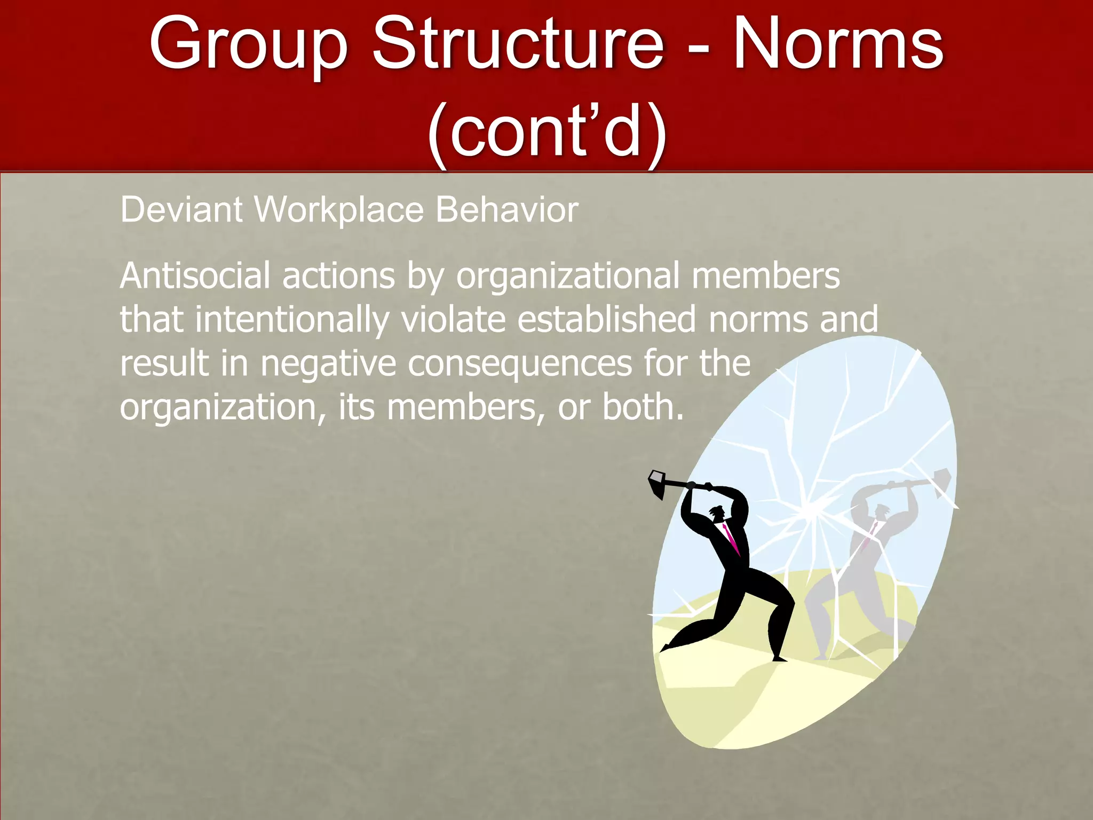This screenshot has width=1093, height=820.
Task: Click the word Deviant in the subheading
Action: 181,209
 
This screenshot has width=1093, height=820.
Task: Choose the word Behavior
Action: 507,209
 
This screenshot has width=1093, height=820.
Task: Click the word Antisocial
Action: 195,276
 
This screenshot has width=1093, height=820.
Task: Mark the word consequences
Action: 520,364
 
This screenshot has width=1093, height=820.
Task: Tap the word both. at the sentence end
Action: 643,407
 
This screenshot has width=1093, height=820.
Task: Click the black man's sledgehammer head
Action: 656,483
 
